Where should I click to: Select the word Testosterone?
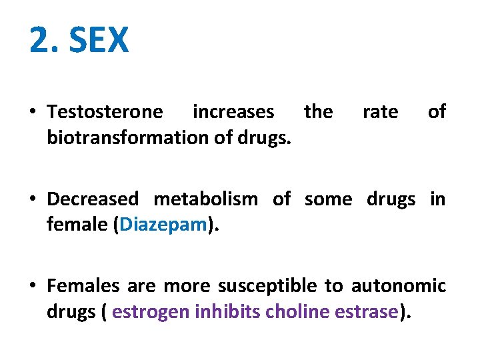tap(105, 112)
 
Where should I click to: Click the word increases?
tap(233, 112)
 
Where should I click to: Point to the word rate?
tap(380, 112)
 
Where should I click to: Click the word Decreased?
tap(93, 199)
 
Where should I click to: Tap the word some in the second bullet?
tap(327, 199)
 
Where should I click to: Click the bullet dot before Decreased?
tap(33, 199)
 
